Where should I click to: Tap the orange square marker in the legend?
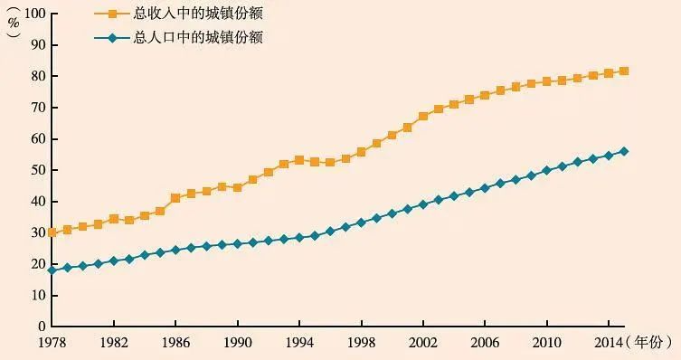[x=113, y=14]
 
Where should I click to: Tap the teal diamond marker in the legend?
[x=113, y=38]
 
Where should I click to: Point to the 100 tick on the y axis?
[x=33, y=14]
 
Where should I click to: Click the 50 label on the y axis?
[x=37, y=170]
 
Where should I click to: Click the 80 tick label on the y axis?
[x=37, y=76]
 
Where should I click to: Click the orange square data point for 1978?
[x=52, y=232]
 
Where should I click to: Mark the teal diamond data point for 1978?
[x=52, y=270]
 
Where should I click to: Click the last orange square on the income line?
[x=624, y=71]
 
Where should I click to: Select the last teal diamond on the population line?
[x=624, y=151]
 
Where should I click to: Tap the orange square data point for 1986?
[x=175, y=198]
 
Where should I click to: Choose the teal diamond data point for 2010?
[x=546, y=170]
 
